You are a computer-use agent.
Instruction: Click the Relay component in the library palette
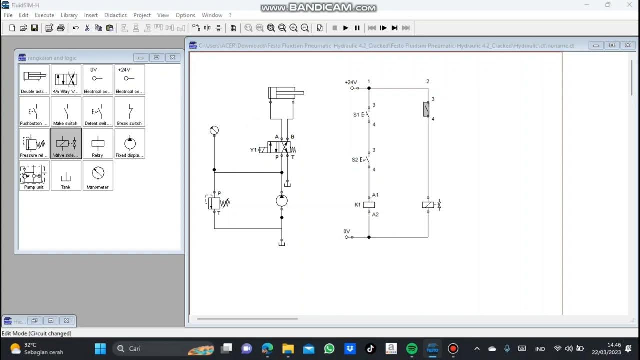(x=98, y=144)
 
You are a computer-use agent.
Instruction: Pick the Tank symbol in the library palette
(x=66, y=175)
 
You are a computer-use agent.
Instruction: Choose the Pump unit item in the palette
(x=34, y=175)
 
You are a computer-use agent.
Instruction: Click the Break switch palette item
(x=130, y=112)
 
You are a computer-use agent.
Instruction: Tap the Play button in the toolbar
(x=345, y=28)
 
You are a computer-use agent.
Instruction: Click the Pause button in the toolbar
(x=357, y=28)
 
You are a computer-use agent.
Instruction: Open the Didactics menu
(x=115, y=15)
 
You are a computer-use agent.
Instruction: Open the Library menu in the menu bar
(x=69, y=15)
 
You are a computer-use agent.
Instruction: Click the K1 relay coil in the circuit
(x=369, y=205)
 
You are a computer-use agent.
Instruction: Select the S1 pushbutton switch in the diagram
(x=367, y=115)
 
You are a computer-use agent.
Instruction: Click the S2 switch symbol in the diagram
(x=367, y=160)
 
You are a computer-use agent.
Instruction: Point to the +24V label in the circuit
(x=351, y=82)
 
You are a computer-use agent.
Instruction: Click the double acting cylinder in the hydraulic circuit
(x=285, y=93)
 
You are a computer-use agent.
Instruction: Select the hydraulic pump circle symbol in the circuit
(x=282, y=201)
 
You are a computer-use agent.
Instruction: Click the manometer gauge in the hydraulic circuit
(x=214, y=131)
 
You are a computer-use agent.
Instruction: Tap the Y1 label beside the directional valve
(x=253, y=150)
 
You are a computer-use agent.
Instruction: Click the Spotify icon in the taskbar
(x=412, y=348)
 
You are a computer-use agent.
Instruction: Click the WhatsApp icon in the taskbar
(x=329, y=348)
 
